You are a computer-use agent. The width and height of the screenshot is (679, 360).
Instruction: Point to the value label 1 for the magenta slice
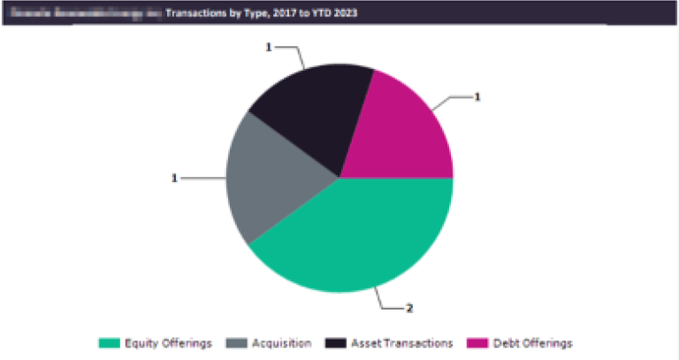tap(477, 96)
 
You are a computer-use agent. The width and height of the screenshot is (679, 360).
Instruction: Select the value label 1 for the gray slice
tap(174, 178)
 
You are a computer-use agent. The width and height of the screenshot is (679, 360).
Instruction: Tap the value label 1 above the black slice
tap(268, 47)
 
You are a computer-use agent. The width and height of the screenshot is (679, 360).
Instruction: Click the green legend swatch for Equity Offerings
tap(109, 342)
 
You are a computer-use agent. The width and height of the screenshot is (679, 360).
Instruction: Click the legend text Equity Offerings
tap(168, 342)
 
